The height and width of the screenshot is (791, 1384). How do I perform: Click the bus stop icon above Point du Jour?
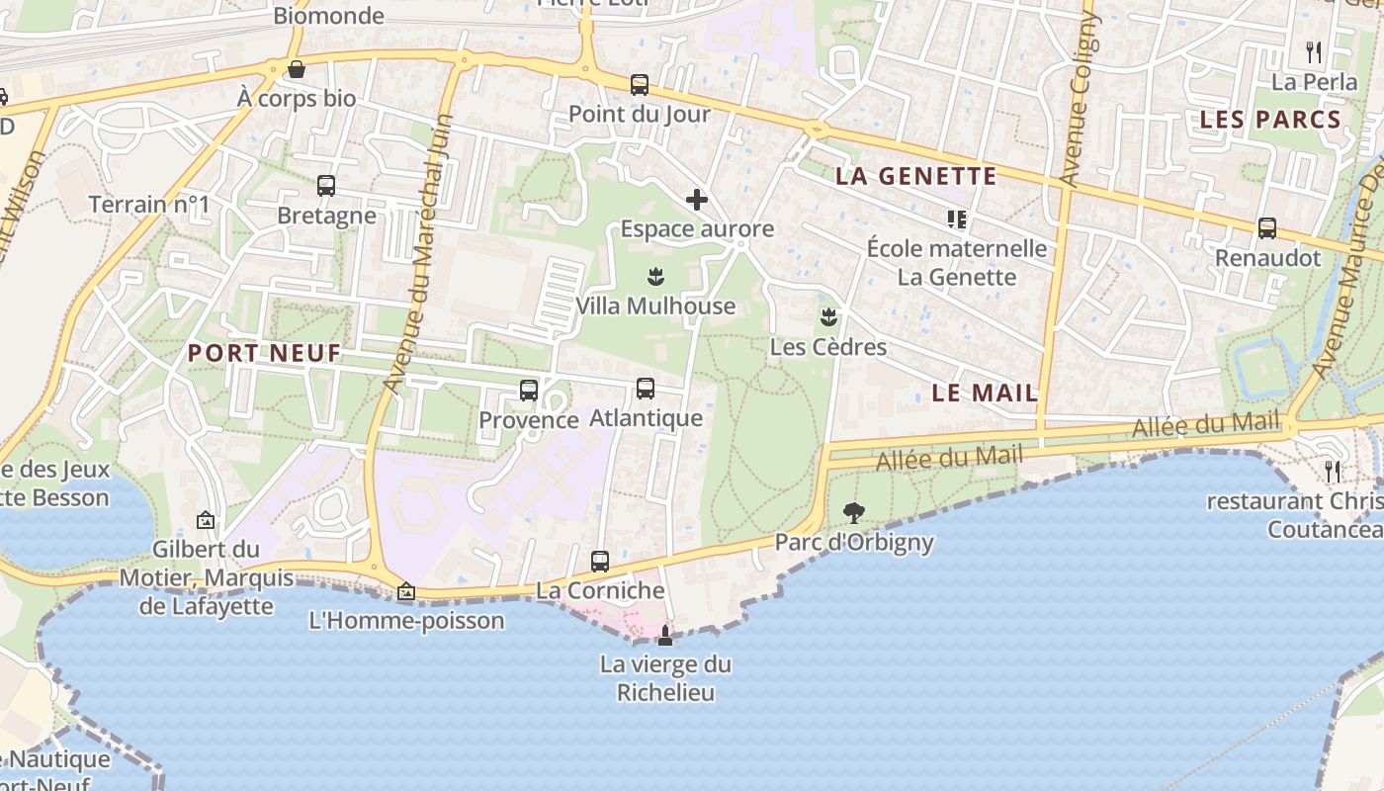640,85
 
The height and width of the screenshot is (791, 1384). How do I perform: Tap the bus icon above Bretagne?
326,186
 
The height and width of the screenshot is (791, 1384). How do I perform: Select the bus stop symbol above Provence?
529,391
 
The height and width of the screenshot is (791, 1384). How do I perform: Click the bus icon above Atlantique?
646,389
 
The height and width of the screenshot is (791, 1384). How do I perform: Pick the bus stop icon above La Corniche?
600,562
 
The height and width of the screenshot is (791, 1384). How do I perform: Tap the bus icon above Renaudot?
1267,228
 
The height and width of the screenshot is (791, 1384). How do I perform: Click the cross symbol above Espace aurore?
697,200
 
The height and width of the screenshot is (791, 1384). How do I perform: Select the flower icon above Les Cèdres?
828,317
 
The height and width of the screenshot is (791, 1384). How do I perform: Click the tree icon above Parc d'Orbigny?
853,513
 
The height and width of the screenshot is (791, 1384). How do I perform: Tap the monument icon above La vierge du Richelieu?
665,635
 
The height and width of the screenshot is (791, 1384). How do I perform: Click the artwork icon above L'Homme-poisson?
405,592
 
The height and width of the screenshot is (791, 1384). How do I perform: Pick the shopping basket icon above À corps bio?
296,69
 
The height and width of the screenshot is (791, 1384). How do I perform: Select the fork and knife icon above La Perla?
1314,52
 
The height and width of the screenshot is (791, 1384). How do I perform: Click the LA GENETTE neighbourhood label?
915,177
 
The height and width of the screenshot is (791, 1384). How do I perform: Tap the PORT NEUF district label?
264,353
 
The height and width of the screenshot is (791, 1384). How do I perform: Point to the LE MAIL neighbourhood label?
985,393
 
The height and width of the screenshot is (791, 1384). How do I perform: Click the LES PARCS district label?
1270,121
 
